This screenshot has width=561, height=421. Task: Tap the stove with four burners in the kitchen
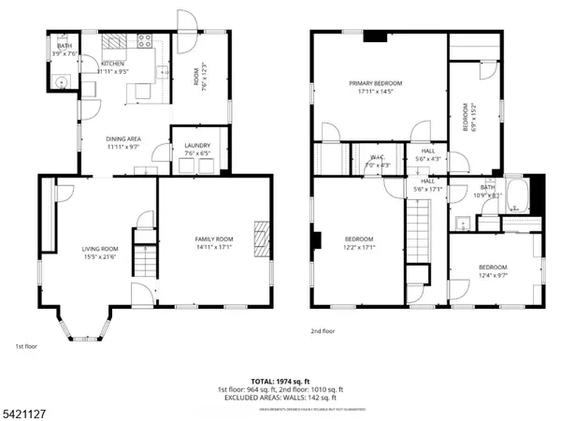tap(146, 40)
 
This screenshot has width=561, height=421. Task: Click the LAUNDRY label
tap(196, 146)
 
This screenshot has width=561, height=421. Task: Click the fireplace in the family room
tap(263, 233)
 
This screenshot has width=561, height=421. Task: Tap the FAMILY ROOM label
tap(213, 240)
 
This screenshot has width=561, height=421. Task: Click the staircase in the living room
tap(143, 259)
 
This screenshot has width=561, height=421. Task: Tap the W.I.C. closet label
tap(377, 157)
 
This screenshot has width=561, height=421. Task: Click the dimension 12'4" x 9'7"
tap(493, 275)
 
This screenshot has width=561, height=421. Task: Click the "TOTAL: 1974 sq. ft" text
tap(280, 381)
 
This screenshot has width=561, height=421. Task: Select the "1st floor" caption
tap(25, 346)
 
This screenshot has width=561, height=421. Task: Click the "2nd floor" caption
tap(324, 331)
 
